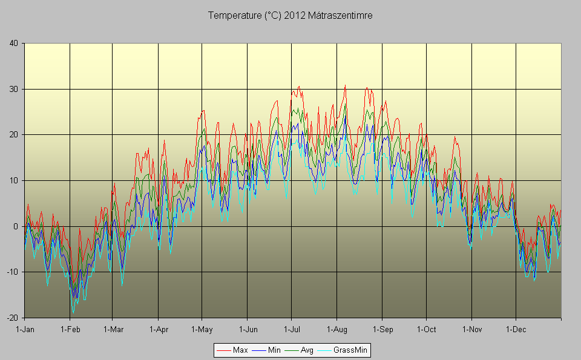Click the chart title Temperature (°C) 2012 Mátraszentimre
[290, 16]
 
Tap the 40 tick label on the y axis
[13, 43]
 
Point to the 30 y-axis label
[13, 89]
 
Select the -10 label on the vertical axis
[12, 272]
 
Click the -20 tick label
[12, 318]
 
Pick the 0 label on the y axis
[16, 226]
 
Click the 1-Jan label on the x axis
[25, 329]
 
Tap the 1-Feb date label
[70, 329]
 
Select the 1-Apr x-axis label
[158, 329]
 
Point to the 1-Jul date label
[292, 329]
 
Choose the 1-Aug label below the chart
[336, 329]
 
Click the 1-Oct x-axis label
[426, 329]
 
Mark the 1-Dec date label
[516, 329]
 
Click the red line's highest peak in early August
[345, 85]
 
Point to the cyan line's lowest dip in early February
[73, 312]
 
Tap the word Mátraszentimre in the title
[340, 16]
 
